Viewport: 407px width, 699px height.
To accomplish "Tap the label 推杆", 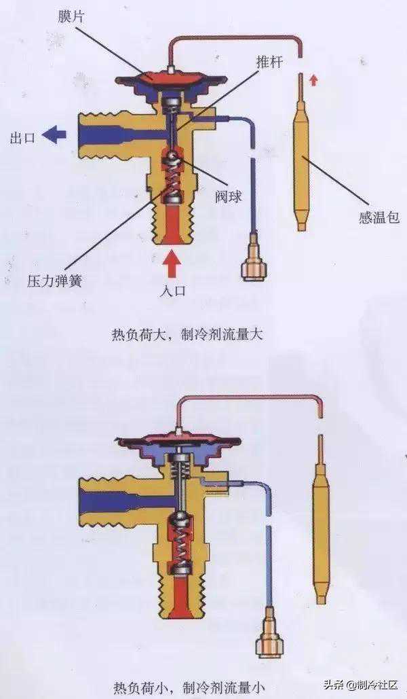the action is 269,62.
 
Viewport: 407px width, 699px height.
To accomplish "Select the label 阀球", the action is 229,196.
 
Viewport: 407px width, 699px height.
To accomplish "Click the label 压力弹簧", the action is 54,281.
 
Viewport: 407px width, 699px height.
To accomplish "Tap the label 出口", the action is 22,138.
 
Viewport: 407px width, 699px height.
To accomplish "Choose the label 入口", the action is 172,291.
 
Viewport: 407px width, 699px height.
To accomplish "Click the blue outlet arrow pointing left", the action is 55,135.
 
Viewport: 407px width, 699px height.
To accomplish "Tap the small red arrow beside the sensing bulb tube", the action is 314,80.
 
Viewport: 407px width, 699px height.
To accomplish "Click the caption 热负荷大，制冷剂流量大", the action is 187,334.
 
